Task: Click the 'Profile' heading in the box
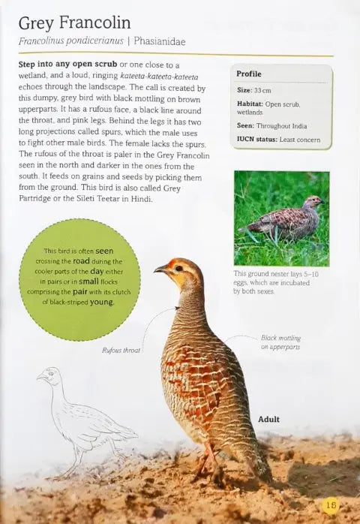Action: [x=249, y=74]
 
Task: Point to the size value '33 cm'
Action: [x=262, y=90]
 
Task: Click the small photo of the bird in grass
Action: [x=281, y=218]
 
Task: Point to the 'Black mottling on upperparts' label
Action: [x=280, y=342]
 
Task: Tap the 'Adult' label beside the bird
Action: [x=268, y=419]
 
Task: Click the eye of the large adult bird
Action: [x=178, y=267]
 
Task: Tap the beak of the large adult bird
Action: [x=160, y=268]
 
